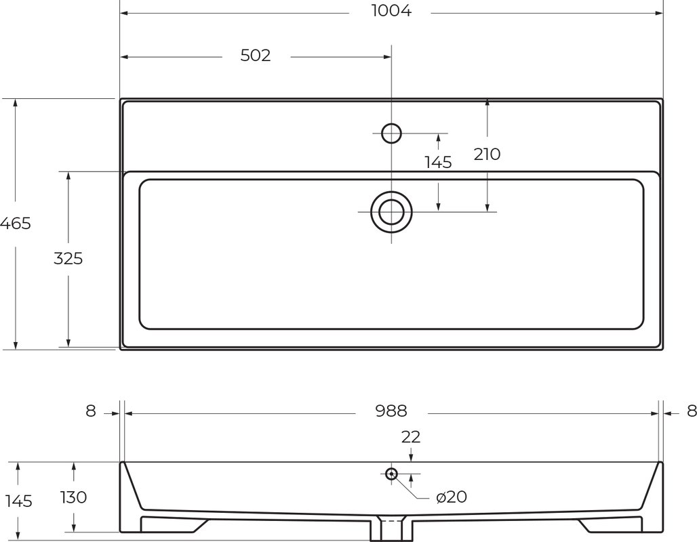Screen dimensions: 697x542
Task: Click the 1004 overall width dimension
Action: [391, 11]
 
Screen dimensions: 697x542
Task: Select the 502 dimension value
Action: [256, 56]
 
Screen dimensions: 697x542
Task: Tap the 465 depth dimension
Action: [16, 223]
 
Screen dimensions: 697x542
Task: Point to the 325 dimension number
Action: [68, 258]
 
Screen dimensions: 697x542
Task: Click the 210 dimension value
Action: [487, 154]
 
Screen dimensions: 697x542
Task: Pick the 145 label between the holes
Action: [438, 163]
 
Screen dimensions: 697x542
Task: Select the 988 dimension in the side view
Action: [391, 411]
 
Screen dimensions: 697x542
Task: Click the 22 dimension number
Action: [411, 437]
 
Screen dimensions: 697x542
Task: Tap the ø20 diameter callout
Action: [452, 497]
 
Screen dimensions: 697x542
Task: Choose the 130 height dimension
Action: [73, 497]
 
